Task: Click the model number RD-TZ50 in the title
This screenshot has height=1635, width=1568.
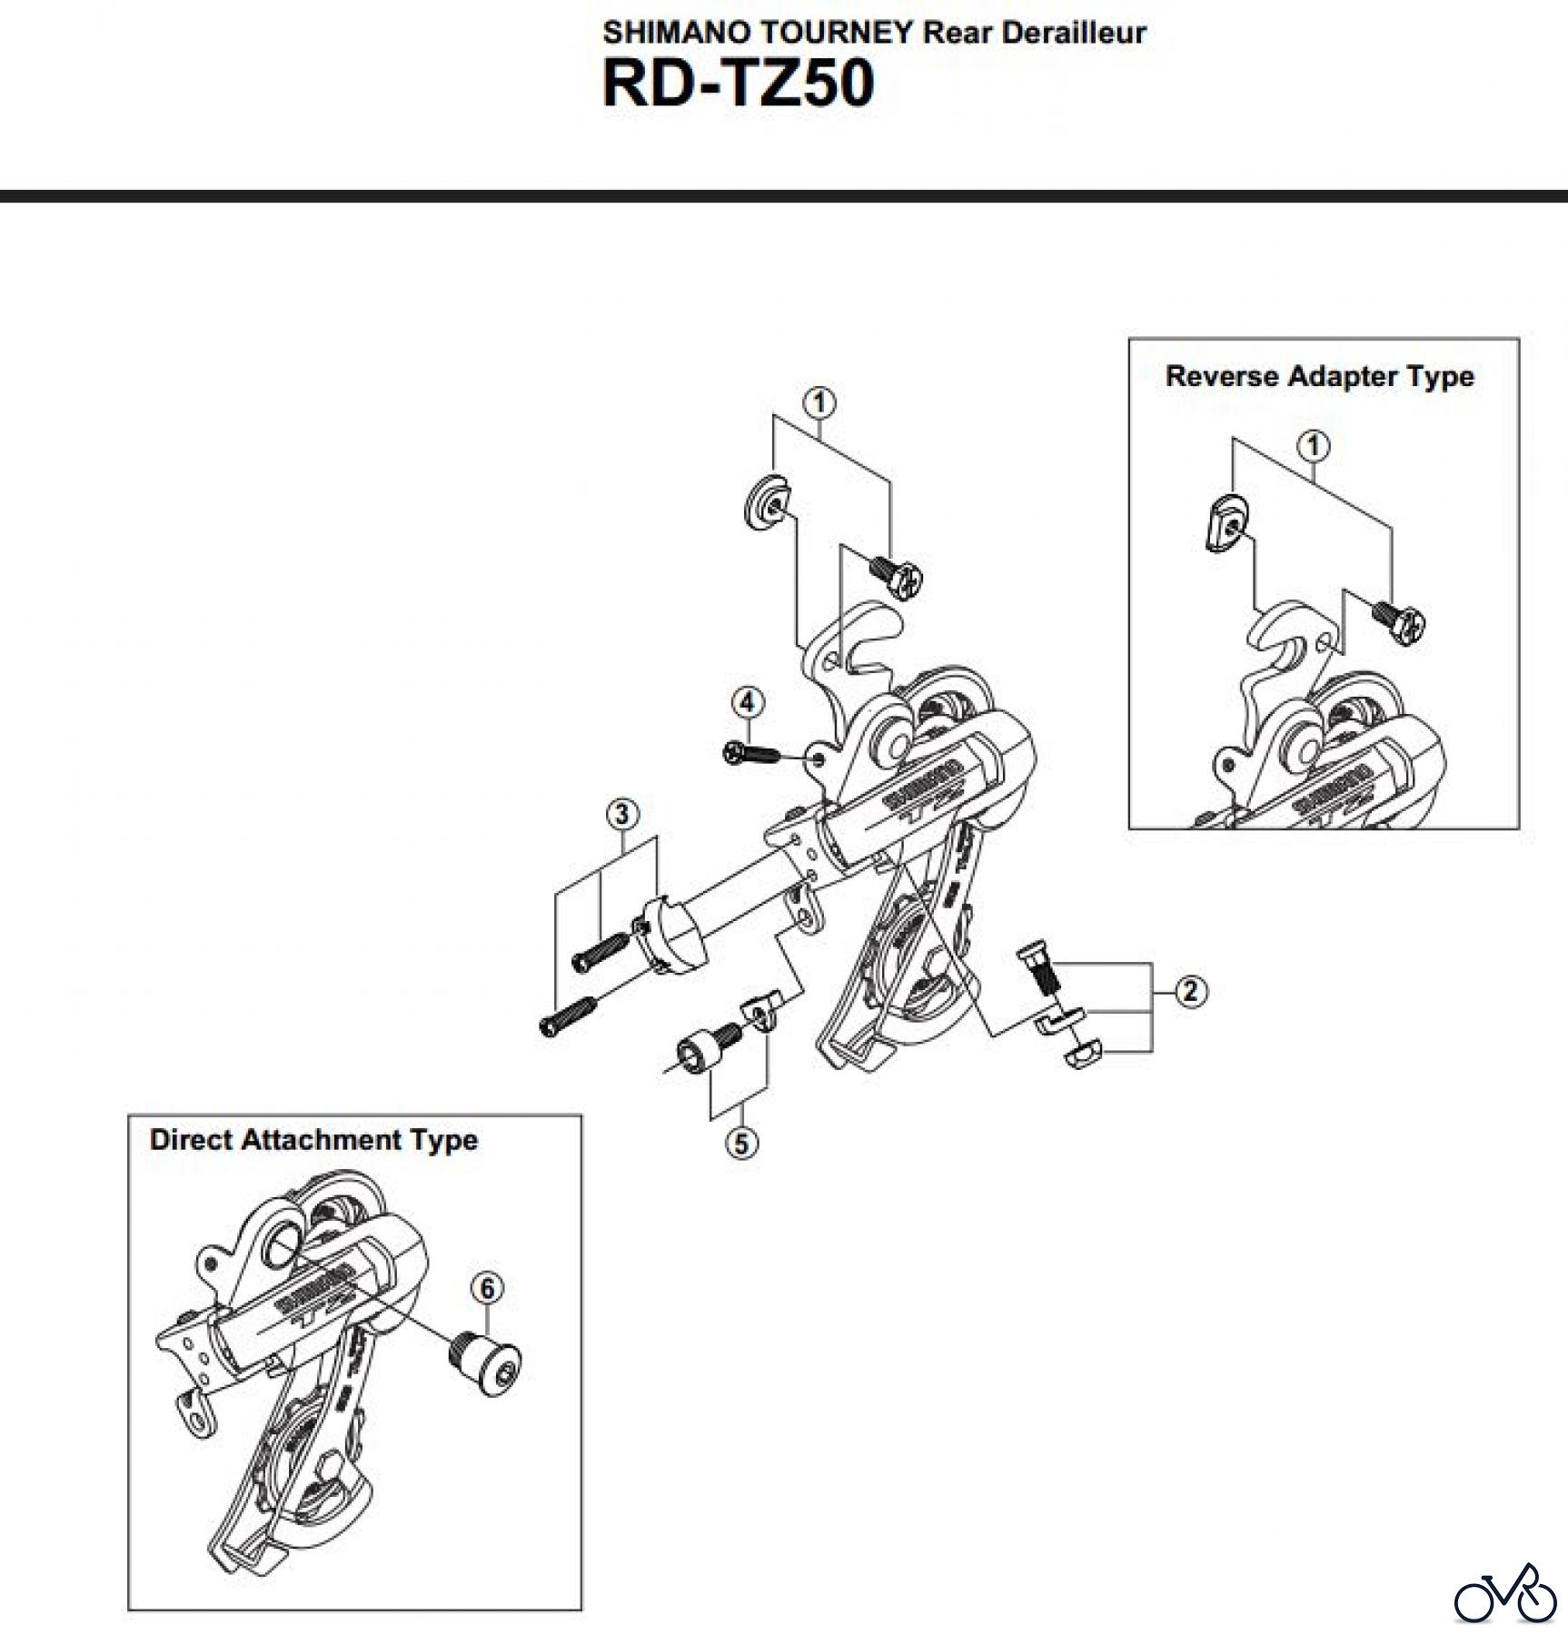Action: coord(738,84)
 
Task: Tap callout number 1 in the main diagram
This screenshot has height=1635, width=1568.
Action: coord(819,402)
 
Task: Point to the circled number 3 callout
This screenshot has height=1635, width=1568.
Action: coord(621,814)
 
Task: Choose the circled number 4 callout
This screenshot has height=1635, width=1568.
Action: coord(747,702)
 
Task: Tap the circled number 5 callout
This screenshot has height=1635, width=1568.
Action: coord(741,1142)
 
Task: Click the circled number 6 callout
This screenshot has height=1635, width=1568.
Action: coord(487,1289)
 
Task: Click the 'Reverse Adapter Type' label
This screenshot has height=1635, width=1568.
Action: coord(1319,376)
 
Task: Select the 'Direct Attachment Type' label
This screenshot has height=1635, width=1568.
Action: coord(313,1140)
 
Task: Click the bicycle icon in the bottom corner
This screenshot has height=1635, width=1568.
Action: coord(1504,1596)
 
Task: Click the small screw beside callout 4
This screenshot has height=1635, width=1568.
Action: coord(751,754)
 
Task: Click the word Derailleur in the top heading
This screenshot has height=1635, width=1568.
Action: coord(1074,33)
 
